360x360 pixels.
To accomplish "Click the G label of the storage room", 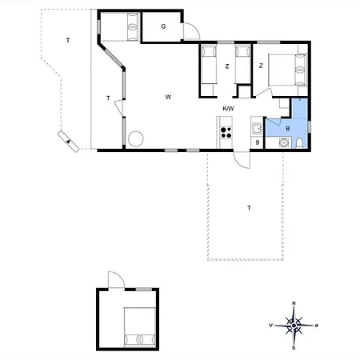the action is [x=163, y=26].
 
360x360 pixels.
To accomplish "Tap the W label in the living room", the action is [x=168, y=97].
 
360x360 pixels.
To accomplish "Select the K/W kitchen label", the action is [x=228, y=109].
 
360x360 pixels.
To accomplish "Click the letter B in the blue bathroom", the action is [x=288, y=129].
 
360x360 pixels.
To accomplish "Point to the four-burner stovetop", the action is [x=226, y=133].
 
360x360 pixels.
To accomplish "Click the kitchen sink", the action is [x=258, y=129].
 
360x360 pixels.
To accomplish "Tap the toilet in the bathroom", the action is [x=299, y=143].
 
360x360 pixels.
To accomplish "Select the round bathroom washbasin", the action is [x=283, y=142].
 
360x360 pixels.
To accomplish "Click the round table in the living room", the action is [x=136, y=138].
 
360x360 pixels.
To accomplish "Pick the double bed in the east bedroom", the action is [x=288, y=70].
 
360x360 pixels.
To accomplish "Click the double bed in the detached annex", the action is [x=140, y=327].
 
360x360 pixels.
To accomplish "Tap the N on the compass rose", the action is [x=294, y=303].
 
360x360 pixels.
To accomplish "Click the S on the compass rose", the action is [x=294, y=348].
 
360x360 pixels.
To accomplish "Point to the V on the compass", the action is [x=270, y=326].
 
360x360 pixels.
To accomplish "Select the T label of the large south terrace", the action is [x=249, y=208].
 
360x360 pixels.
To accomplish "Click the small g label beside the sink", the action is [x=258, y=142].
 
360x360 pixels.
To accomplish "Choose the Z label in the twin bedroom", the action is [x=227, y=66].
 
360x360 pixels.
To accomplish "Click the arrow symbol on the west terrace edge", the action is [x=69, y=141].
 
